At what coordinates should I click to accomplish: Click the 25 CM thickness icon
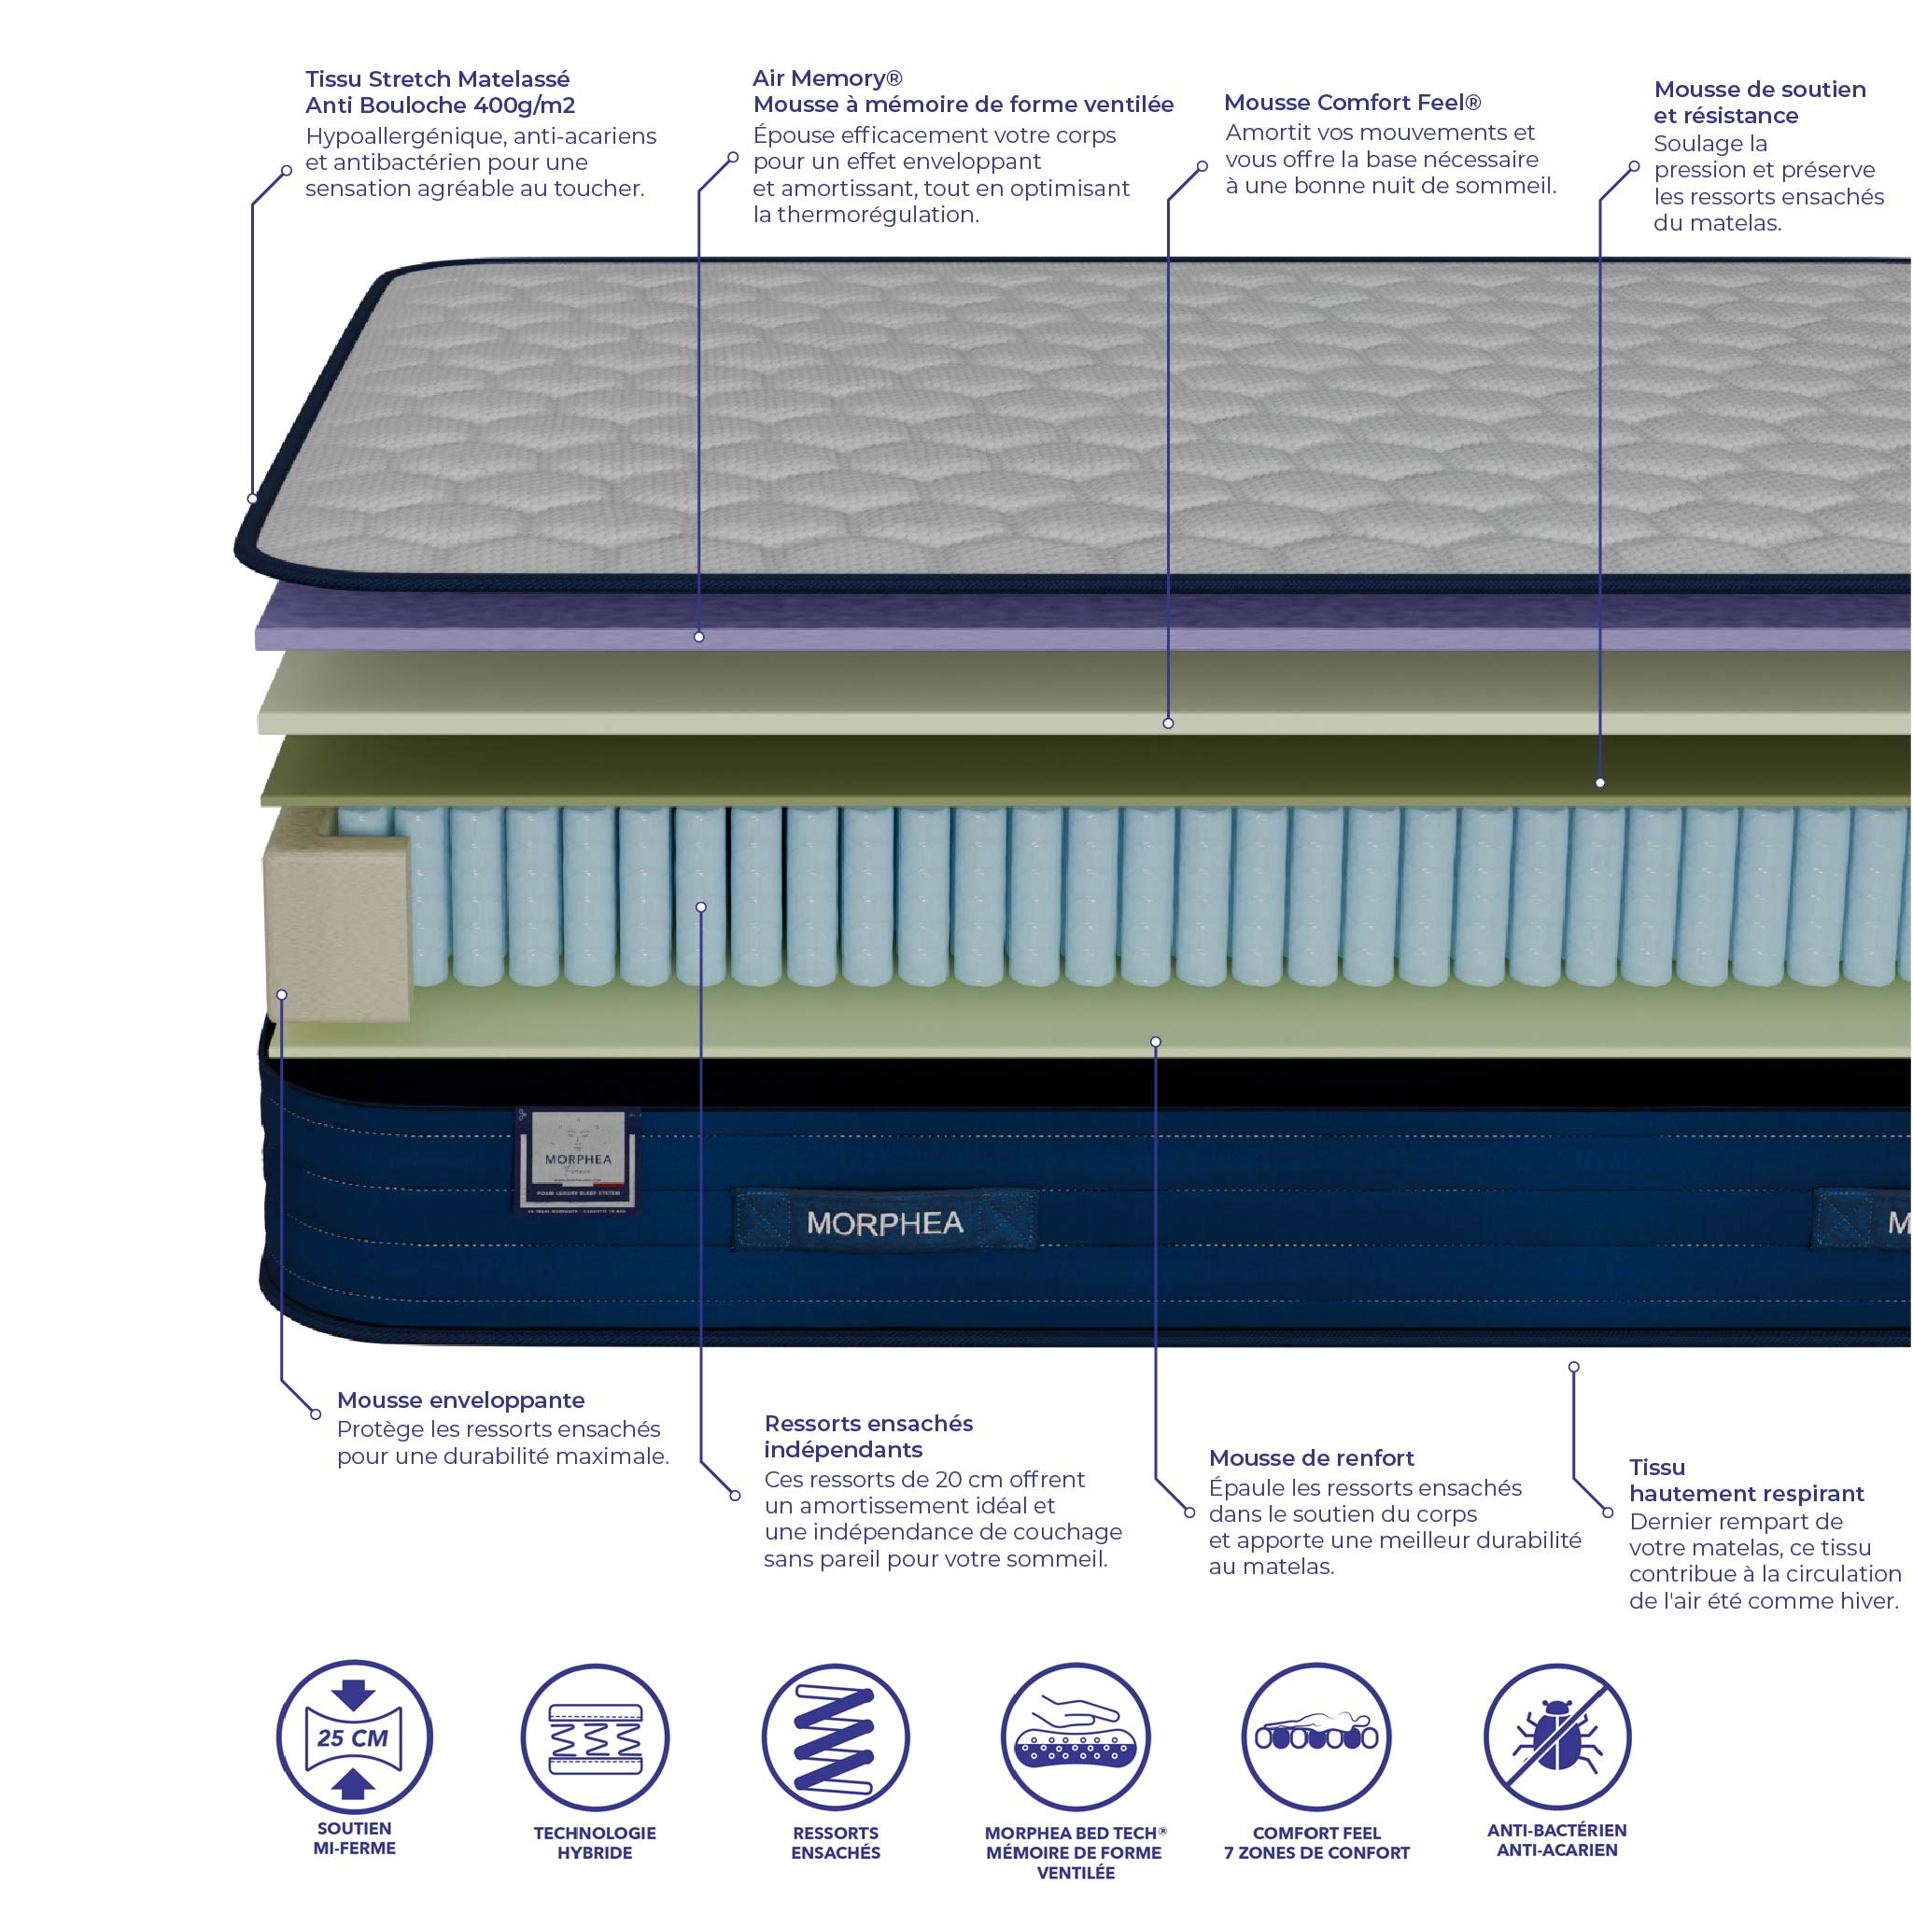(x=354, y=1737)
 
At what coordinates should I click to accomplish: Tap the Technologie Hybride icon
(x=595, y=1737)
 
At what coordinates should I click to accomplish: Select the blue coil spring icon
(x=835, y=1737)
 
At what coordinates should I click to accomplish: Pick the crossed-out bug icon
(x=1556, y=1737)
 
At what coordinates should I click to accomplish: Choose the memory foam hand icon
(x=1076, y=1737)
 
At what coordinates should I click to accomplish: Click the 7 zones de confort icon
(x=1315, y=1737)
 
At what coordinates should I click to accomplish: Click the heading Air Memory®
(x=827, y=78)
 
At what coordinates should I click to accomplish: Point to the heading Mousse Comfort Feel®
(x=1352, y=103)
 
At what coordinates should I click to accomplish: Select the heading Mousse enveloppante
(x=460, y=1400)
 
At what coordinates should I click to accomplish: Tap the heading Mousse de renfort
(x=1311, y=1457)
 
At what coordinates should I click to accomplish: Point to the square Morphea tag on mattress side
(x=577, y=1160)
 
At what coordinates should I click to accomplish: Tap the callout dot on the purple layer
(x=699, y=637)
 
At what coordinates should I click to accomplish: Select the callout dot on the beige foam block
(x=282, y=994)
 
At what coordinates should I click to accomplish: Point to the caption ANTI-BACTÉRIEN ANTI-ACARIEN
(x=1556, y=1840)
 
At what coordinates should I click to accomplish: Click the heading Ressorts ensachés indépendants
(x=867, y=1437)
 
